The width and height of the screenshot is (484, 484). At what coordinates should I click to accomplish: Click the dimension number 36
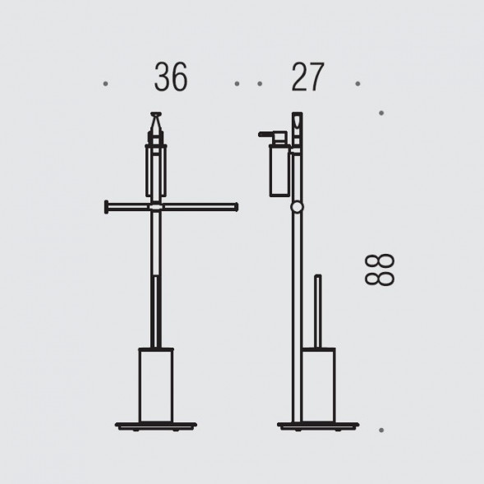point(171,76)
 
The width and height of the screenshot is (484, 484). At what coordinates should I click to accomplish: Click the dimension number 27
point(308,77)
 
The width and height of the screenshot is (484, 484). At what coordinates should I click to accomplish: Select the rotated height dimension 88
point(380,270)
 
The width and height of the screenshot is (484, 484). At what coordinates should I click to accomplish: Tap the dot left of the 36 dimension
point(105,84)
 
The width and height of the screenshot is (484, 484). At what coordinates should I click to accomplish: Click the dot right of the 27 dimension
point(357,84)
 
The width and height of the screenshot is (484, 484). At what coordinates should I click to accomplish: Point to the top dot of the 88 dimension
point(381,113)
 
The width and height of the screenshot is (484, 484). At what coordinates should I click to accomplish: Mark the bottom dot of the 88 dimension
point(381,430)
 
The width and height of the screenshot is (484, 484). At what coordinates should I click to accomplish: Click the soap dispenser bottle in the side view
point(279,170)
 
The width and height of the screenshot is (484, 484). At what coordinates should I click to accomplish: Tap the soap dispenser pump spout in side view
point(268,134)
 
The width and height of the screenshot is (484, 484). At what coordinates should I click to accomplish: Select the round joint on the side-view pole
point(297,207)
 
